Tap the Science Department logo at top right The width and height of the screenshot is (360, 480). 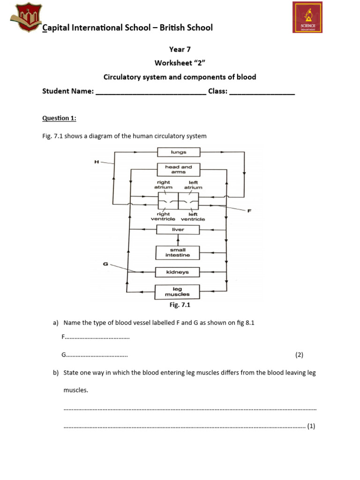point(307,17)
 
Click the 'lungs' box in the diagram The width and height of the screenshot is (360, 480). point(179,152)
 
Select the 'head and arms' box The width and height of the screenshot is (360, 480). point(179,169)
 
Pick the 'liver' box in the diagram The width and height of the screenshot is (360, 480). point(178,230)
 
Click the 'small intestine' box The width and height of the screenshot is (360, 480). point(178,253)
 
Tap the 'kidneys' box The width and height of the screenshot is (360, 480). point(178,272)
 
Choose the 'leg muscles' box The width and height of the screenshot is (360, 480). point(178,292)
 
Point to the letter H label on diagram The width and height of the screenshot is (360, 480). point(97,162)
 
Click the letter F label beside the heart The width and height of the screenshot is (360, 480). point(250,210)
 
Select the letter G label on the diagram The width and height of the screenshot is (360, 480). point(105,264)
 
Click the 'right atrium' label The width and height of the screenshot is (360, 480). point(164,185)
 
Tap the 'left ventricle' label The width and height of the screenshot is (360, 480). point(193,217)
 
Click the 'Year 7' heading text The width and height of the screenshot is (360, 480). point(180,49)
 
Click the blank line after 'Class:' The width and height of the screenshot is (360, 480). point(262,92)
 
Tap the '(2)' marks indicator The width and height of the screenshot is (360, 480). point(300,355)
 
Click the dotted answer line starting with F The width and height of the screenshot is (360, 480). point(97,337)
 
